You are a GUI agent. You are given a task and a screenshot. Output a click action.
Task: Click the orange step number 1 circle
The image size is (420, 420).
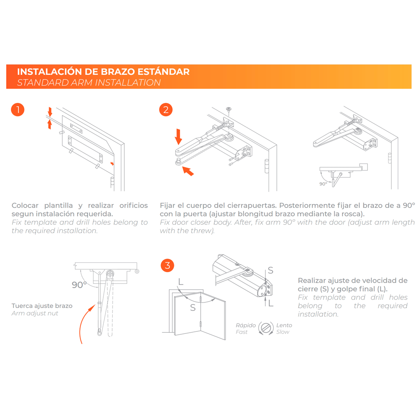(18, 110)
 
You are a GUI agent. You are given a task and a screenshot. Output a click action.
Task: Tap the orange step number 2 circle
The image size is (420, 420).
(166, 110)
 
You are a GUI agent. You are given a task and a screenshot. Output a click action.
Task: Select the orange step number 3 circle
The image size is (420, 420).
(168, 265)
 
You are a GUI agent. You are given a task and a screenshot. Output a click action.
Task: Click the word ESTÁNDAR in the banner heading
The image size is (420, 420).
(163, 72)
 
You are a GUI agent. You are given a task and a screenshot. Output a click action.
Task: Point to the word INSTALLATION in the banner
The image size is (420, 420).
(128, 82)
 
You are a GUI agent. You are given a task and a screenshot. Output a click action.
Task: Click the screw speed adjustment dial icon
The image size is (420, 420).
(266, 328)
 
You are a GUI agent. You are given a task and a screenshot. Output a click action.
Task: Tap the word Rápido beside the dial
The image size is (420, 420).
(246, 325)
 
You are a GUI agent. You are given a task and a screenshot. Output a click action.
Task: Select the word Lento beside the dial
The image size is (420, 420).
(284, 325)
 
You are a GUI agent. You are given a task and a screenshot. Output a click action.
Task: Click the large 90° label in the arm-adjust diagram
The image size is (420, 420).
(79, 285)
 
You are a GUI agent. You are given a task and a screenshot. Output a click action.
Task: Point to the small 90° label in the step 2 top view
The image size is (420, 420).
(323, 184)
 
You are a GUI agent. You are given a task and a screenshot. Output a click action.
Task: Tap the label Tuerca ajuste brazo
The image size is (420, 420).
(42, 306)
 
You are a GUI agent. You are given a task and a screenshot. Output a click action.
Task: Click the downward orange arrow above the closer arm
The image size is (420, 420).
(178, 136)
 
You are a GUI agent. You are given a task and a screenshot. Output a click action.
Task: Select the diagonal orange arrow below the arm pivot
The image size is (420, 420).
(188, 171)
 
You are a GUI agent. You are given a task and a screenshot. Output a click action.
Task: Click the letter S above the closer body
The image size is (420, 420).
(270, 270)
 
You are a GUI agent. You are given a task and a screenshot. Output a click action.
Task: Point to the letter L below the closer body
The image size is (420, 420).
(271, 303)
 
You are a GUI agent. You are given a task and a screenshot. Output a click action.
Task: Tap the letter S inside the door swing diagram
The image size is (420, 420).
(193, 307)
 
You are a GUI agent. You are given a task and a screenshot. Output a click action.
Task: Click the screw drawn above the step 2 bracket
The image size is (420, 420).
(228, 110)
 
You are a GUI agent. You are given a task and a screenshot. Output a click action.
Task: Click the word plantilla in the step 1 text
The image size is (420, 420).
(58, 205)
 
